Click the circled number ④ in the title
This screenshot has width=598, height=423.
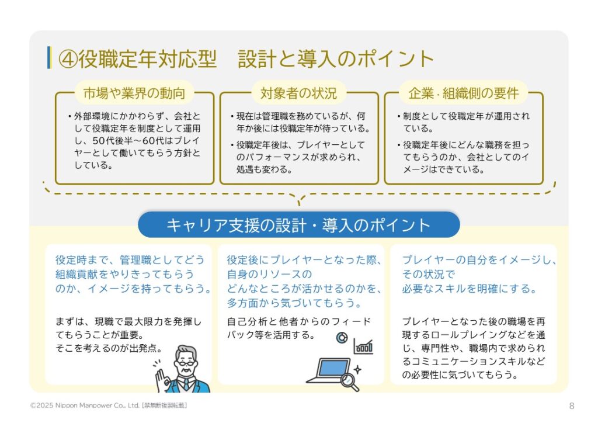click(68, 59)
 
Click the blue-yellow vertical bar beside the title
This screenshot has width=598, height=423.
click(49, 58)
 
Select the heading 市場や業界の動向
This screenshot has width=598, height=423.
click(134, 93)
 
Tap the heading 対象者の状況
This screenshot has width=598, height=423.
click(298, 93)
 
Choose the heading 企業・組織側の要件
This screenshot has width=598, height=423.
click(463, 93)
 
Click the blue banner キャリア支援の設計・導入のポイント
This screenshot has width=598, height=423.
click(298, 225)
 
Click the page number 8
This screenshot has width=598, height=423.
click(571, 406)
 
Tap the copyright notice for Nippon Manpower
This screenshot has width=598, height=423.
click(109, 405)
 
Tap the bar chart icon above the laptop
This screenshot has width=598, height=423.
click(363, 346)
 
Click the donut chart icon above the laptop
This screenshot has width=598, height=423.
click(342, 338)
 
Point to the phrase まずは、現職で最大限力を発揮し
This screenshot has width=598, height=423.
click(128, 322)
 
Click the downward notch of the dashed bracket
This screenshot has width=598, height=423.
click(300, 199)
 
